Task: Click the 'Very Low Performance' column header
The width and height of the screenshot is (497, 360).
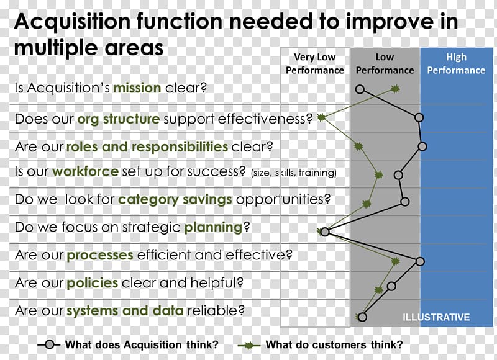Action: [x=315, y=64]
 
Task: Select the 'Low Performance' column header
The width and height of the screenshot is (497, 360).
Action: [x=385, y=64]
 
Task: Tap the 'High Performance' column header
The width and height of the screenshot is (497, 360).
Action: [x=456, y=64]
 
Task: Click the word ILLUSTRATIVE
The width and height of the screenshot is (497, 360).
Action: [x=436, y=317]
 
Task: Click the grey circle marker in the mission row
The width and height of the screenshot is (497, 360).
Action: [x=360, y=89]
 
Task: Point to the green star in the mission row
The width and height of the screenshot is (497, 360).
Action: [x=395, y=89]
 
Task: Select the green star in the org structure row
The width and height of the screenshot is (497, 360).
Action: [x=321, y=118]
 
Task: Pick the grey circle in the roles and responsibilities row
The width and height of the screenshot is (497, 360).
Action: [x=422, y=146]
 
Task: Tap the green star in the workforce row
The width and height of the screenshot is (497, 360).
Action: [x=378, y=174]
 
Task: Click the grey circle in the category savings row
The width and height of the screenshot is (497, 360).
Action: [x=405, y=201]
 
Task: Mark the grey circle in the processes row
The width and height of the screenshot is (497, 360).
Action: [x=420, y=261]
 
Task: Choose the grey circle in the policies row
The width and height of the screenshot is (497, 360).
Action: [x=391, y=286]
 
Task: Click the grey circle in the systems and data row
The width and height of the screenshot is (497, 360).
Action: [x=362, y=317]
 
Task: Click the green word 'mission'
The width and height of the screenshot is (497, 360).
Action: [x=137, y=88]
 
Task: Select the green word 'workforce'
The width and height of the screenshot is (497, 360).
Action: [x=86, y=171]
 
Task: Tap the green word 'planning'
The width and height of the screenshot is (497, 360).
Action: [x=213, y=228]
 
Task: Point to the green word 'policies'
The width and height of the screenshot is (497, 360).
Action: [x=93, y=283]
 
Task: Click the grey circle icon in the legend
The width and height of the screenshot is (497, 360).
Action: [x=50, y=344]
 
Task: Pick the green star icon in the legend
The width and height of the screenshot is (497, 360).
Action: [x=249, y=345]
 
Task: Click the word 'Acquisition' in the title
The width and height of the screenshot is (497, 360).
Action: [x=73, y=22]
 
